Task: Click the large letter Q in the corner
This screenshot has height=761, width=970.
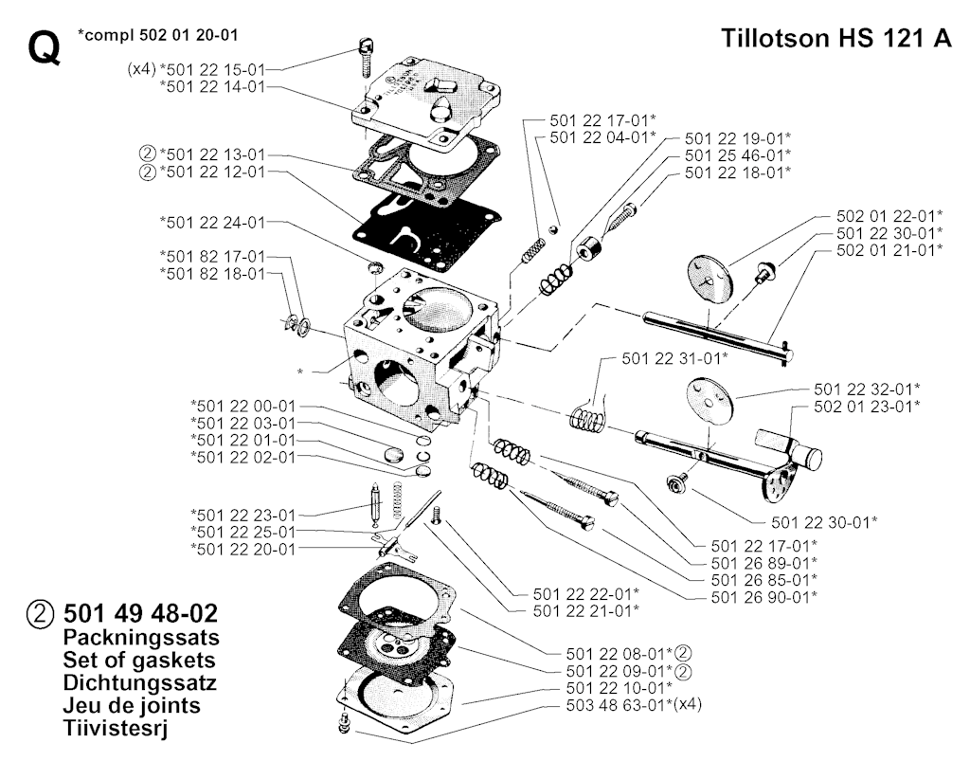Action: pyautogui.click(x=45, y=48)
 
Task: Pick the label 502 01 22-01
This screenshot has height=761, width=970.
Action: pyautogui.click(x=889, y=215)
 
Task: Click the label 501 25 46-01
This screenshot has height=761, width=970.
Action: pyautogui.click(x=737, y=154)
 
